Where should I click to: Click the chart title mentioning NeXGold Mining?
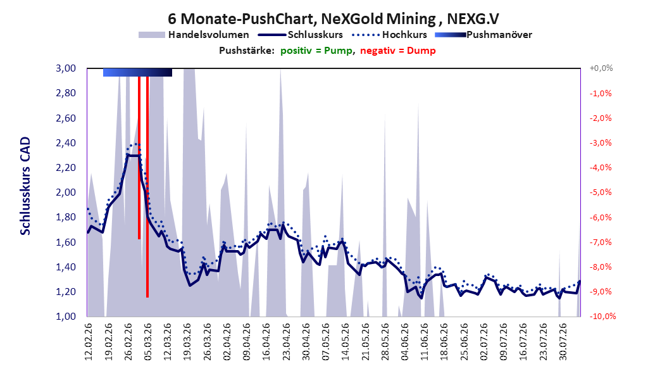[333, 19]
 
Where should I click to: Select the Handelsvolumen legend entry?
[194, 35]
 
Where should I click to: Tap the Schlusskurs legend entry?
[301, 35]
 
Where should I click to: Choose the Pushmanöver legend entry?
[483, 35]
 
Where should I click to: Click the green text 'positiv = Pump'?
[316, 51]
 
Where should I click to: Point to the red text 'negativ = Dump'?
[398, 51]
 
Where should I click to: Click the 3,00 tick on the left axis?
[66, 68]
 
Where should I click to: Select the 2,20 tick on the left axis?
[66, 168]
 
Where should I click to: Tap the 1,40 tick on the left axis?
[66, 267]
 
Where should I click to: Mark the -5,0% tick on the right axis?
[601, 192]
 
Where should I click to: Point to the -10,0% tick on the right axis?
[602, 317]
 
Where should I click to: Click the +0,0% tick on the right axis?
[601, 68]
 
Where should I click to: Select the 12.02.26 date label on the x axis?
[89, 342]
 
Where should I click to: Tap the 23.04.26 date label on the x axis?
[286, 342]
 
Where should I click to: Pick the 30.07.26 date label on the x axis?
[563, 342]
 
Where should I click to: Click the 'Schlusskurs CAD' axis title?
[25, 186]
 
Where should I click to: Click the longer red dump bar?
[147, 187]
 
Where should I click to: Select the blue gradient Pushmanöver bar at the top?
[137, 73]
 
